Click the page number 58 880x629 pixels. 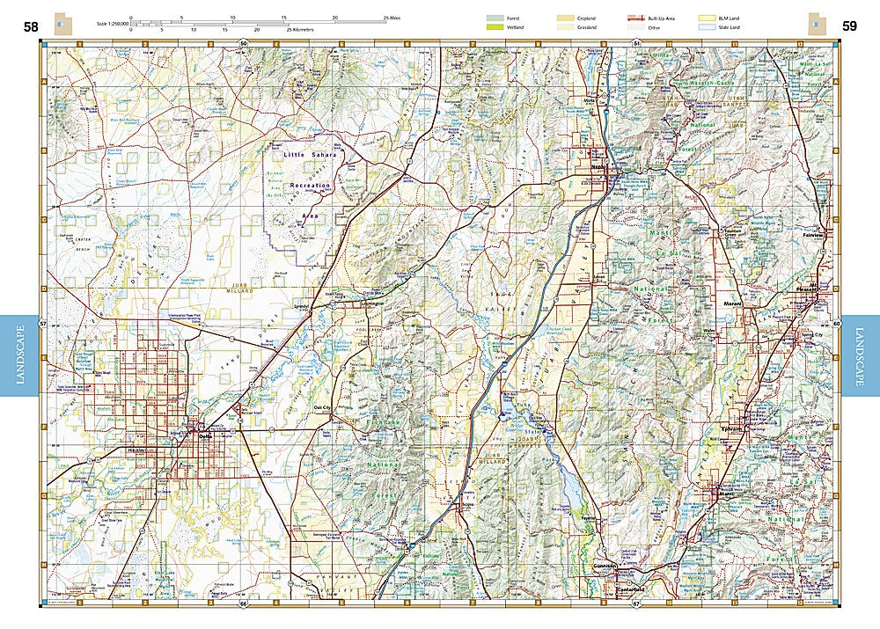[31, 26]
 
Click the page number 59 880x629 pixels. [849, 26]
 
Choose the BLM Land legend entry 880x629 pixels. [707, 18]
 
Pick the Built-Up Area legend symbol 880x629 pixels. [635, 18]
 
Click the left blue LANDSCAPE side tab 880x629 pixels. [19, 355]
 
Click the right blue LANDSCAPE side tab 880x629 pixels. [861, 355]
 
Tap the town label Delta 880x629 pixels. [207, 435]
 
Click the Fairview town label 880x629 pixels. [813, 236]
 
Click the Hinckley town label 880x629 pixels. [136, 450]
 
